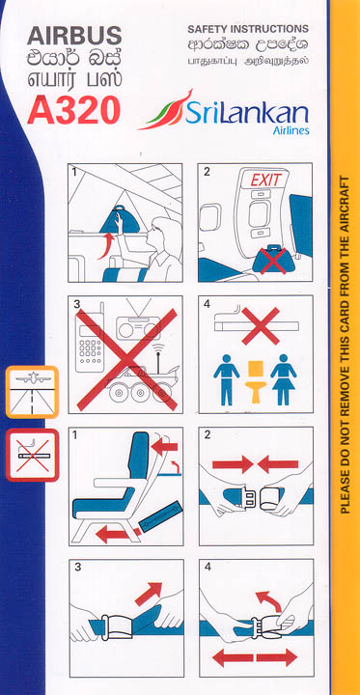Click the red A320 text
73,110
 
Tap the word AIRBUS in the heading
74,36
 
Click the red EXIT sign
265,180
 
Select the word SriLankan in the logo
246,114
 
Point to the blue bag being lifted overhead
120,219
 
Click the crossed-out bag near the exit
273,260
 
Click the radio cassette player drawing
136,325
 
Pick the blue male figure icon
226,379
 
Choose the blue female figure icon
284,379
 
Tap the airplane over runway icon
32,392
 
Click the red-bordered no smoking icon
32,455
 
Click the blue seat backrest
139,456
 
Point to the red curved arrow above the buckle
269,600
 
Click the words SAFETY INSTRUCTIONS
247,29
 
